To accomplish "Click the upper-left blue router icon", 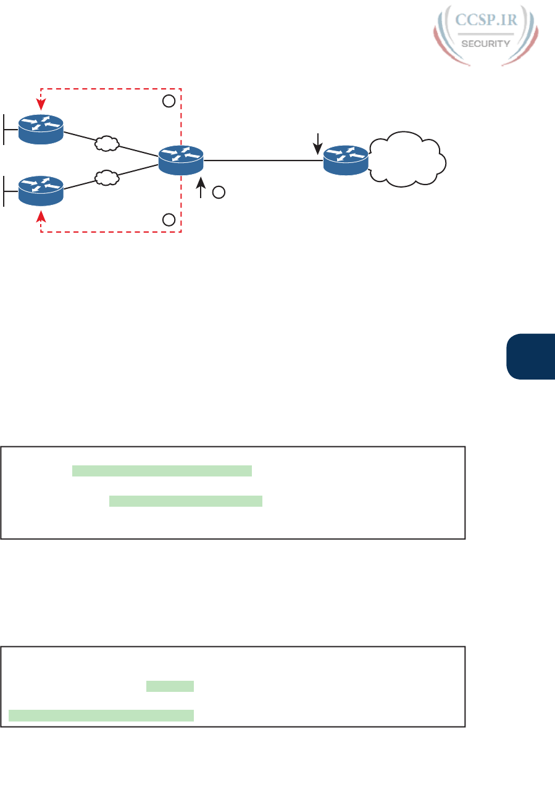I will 41,128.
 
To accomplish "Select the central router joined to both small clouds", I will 181,159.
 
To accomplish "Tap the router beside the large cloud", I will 346,159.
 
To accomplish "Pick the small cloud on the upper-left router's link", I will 106,144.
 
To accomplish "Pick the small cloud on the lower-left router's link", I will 106,177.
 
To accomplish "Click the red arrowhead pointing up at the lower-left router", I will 41,217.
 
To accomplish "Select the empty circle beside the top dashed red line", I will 168,101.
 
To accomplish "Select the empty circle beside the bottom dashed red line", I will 168,219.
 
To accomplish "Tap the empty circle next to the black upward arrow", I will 218,193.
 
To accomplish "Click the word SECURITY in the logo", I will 486,43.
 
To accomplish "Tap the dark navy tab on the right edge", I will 532,357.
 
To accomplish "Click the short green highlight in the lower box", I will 170,686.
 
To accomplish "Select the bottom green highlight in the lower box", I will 101,715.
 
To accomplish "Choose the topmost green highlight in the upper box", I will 162,471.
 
